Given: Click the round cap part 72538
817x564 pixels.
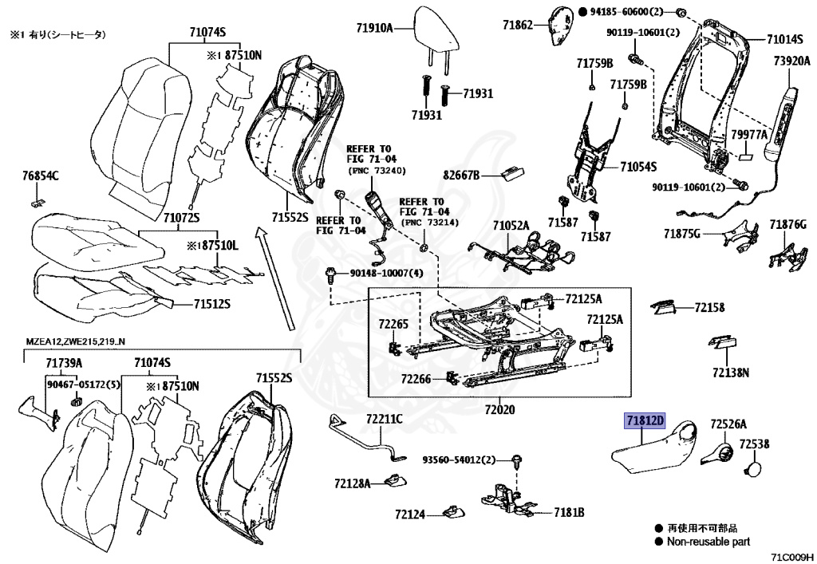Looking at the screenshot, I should click(754, 467).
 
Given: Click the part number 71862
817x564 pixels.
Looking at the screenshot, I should click(518, 26).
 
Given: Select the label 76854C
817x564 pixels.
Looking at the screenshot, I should click(41, 176).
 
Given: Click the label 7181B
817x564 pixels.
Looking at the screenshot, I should click(570, 512).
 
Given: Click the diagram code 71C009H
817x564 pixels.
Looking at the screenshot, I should click(790, 557).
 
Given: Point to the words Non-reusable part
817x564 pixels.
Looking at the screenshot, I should click(709, 542).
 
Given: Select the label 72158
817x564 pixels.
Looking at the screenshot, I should click(709, 307).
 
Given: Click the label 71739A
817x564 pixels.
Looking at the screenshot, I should click(63, 363).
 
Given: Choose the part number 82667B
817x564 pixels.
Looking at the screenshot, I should click(461, 175).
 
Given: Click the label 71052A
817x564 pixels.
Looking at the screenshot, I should click(511, 227).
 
